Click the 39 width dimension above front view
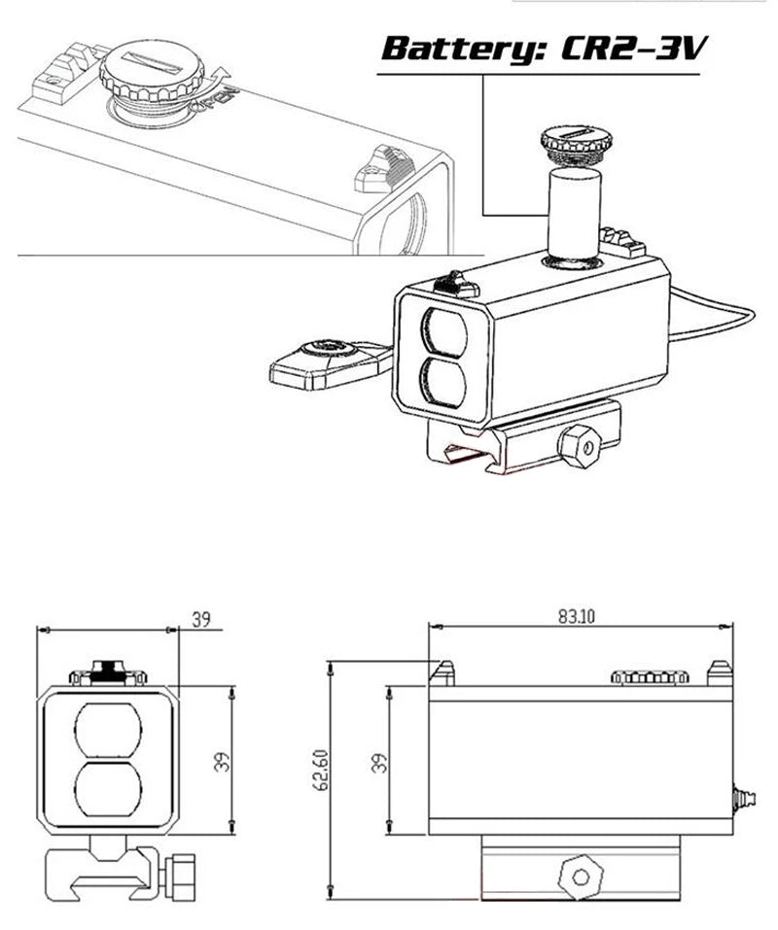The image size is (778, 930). point(200,620)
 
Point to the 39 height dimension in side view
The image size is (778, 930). point(380,761)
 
